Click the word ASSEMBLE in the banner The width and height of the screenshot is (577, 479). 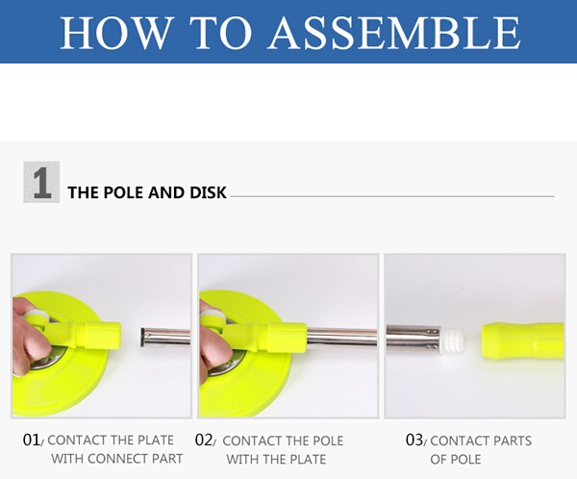[x=394, y=32]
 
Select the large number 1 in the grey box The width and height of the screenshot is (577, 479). [x=41, y=182]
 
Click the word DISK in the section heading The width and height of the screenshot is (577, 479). [x=208, y=192]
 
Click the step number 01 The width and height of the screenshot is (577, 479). [x=32, y=440]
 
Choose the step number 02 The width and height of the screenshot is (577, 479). [x=204, y=440]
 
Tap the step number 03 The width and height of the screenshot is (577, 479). [x=414, y=440]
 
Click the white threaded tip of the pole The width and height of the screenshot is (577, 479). [x=451, y=340]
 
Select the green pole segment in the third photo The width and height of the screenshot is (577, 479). [x=522, y=340]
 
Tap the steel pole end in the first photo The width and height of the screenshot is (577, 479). [x=165, y=338]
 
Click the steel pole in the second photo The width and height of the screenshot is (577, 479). [x=341, y=338]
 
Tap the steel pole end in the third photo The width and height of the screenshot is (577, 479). [x=413, y=338]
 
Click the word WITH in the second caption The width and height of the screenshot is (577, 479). [x=239, y=459]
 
